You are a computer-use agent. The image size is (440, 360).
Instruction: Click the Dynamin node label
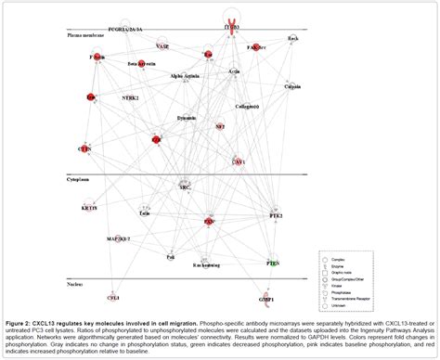pos(188,118)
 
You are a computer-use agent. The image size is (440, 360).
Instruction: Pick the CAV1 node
pos(239,161)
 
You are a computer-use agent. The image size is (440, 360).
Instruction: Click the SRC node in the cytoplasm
pos(185,186)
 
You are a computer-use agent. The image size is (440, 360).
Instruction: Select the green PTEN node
pos(273,264)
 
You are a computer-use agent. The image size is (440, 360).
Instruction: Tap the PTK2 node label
pos(276,215)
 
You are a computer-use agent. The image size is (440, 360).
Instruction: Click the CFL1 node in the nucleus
pos(112,298)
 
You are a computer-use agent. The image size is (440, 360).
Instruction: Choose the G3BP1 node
pos(266,299)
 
